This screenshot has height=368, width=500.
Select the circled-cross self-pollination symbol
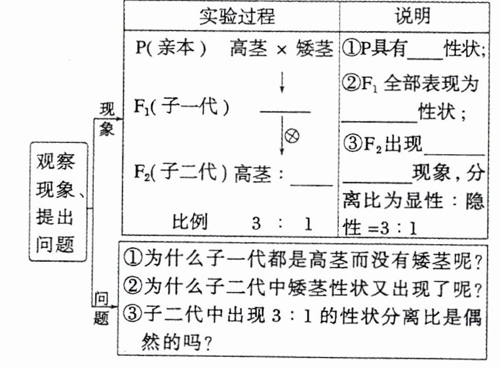coord(292,136)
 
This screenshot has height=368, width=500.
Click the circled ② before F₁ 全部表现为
coord(351,83)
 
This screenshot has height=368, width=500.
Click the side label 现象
coord(107,118)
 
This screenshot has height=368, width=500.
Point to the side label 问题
coord(100,309)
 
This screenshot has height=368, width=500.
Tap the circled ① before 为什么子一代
coord(130,262)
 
